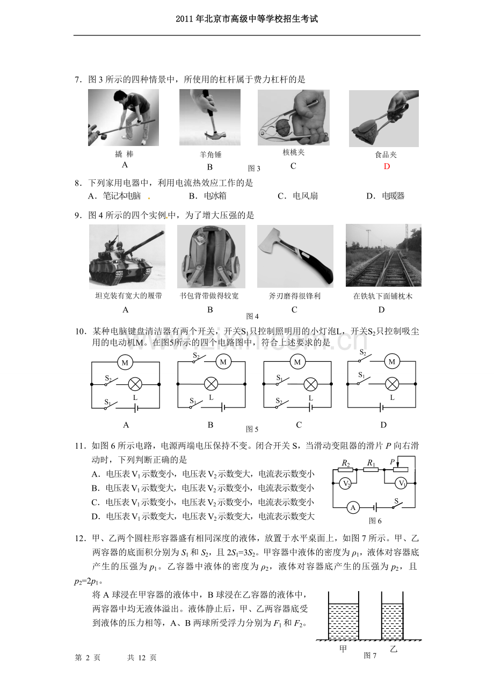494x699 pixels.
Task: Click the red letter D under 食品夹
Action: (387, 166)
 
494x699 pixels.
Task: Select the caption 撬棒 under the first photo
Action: (124, 154)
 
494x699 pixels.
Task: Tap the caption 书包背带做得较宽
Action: (209, 296)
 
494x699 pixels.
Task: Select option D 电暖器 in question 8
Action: (386, 196)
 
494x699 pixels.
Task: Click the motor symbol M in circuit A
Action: (125, 362)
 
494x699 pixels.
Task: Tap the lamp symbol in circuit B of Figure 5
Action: (211, 384)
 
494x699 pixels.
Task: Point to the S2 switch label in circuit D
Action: (362, 352)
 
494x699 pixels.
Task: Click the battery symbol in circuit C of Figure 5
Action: (310, 407)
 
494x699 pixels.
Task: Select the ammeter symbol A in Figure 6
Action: (353, 508)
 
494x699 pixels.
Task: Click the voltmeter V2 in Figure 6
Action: (345, 483)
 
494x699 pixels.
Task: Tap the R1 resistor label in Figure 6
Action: (371, 463)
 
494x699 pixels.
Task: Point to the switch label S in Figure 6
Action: (396, 501)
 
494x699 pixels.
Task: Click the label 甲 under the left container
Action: (343, 649)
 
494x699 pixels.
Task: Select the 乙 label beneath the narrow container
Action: (394, 649)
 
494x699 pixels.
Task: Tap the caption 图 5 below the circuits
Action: (252, 429)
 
